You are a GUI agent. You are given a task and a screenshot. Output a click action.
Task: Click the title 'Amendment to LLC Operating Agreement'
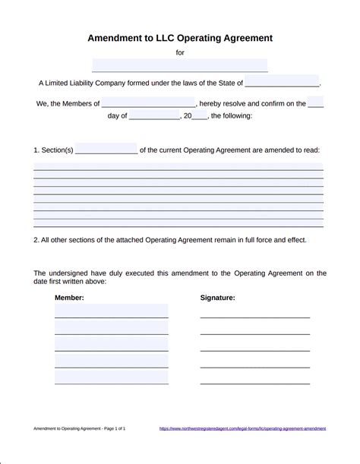(x=180, y=36)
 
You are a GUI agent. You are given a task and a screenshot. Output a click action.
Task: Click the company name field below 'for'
(x=180, y=65)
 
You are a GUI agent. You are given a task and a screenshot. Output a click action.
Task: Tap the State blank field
(x=282, y=83)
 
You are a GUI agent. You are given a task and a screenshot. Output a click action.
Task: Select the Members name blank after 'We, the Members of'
(x=148, y=103)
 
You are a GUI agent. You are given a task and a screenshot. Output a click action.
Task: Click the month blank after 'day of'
(x=154, y=116)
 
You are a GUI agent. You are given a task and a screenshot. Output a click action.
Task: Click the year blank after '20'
(x=199, y=116)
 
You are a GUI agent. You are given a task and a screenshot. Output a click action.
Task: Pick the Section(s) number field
(x=106, y=150)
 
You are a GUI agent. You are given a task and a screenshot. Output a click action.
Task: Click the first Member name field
(x=111, y=311)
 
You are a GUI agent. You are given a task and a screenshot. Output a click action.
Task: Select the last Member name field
(x=111, y=377)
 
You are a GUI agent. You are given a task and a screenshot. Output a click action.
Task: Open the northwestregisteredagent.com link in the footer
(x=242, y=428)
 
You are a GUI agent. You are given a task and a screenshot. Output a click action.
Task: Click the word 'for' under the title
(x=180, y=52)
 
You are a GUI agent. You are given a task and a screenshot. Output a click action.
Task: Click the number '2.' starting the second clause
(x=36, y=239)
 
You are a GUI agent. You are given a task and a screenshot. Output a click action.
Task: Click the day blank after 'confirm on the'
(x=316, y=103)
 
